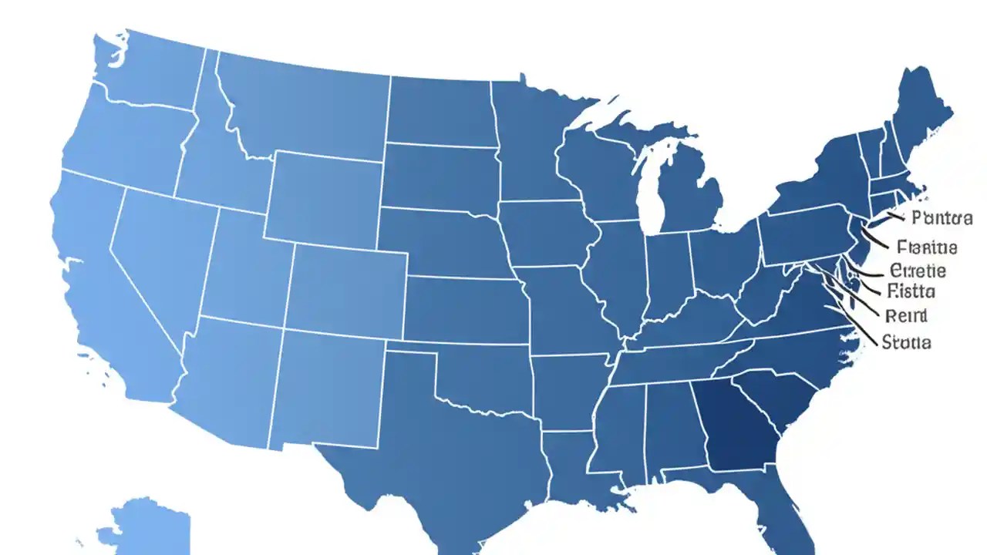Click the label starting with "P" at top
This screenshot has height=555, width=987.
941,218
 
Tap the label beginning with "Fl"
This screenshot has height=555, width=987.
928,247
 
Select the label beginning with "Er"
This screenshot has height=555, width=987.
918,271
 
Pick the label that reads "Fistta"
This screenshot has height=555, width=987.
911,291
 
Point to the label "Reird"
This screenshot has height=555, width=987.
906,315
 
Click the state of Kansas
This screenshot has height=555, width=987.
463,308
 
